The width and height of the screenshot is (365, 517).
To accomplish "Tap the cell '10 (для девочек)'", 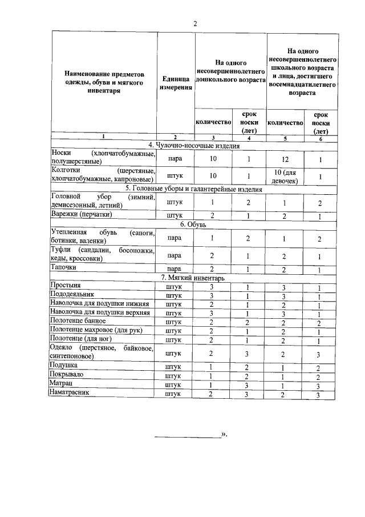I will (x=285, y=176).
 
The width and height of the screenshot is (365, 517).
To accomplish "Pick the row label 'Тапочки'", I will (x=64, y=268).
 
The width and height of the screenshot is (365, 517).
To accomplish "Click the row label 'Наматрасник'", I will (x=72, y=393).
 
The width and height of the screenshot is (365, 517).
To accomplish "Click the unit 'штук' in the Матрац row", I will (x=175, y=385).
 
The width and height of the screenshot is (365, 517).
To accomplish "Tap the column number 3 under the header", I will (x=213, y=138).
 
